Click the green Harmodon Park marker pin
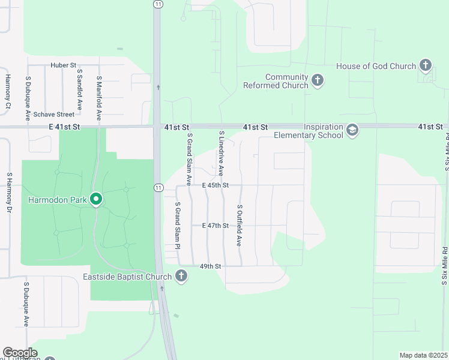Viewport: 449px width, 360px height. (96, 199)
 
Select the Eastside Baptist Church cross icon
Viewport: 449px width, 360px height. (181, 277)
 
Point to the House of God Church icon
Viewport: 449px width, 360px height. (426, 65)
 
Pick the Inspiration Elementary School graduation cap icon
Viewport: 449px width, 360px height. (352, 130)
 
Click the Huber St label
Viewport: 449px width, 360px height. (63, 65)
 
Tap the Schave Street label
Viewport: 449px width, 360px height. (53, 114)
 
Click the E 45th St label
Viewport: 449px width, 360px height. (215, 185)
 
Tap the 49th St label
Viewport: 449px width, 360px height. (211, 266)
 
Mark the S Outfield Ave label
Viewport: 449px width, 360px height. (239, 226)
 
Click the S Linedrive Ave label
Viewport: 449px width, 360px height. (221, 154)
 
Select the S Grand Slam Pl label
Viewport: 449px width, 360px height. (178, 226)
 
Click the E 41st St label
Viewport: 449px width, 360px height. (64, 127)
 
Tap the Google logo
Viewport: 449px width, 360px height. (20, 353)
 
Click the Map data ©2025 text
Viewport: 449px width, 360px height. (423, 355)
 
